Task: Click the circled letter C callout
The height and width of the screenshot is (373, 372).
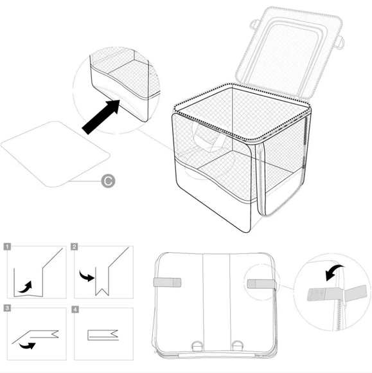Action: (x=108, y=181)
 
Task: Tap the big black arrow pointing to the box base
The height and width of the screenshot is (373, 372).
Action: (x=102, y=116)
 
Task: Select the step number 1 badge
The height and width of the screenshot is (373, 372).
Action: (x=7, y=246)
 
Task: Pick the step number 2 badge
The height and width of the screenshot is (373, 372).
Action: (x=75, y=246)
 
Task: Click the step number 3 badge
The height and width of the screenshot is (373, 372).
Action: (x=7, y=308)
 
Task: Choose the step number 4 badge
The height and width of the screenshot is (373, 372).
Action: (x=75, y=309)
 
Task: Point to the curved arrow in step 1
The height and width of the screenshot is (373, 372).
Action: (x=26, y=287)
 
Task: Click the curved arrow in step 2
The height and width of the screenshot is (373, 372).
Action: (x=87, y=276)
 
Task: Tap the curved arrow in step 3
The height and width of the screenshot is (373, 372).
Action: (x=27, y=345)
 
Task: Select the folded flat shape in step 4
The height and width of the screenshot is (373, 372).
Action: (x=103, y=335)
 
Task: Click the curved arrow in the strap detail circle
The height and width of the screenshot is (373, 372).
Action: (x=335, y=272)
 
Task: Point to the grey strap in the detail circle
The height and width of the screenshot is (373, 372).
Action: (x=337, y=294)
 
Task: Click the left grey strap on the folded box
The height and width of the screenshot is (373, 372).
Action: (x=167, y=282)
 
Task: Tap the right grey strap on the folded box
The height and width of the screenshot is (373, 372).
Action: (x=261, y=284)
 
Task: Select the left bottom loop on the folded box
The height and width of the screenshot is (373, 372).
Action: (x=197, y=346)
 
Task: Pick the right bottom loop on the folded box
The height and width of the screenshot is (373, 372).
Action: (x=238, y=346)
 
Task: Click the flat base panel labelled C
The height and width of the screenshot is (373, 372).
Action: (x=55, y=154)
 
